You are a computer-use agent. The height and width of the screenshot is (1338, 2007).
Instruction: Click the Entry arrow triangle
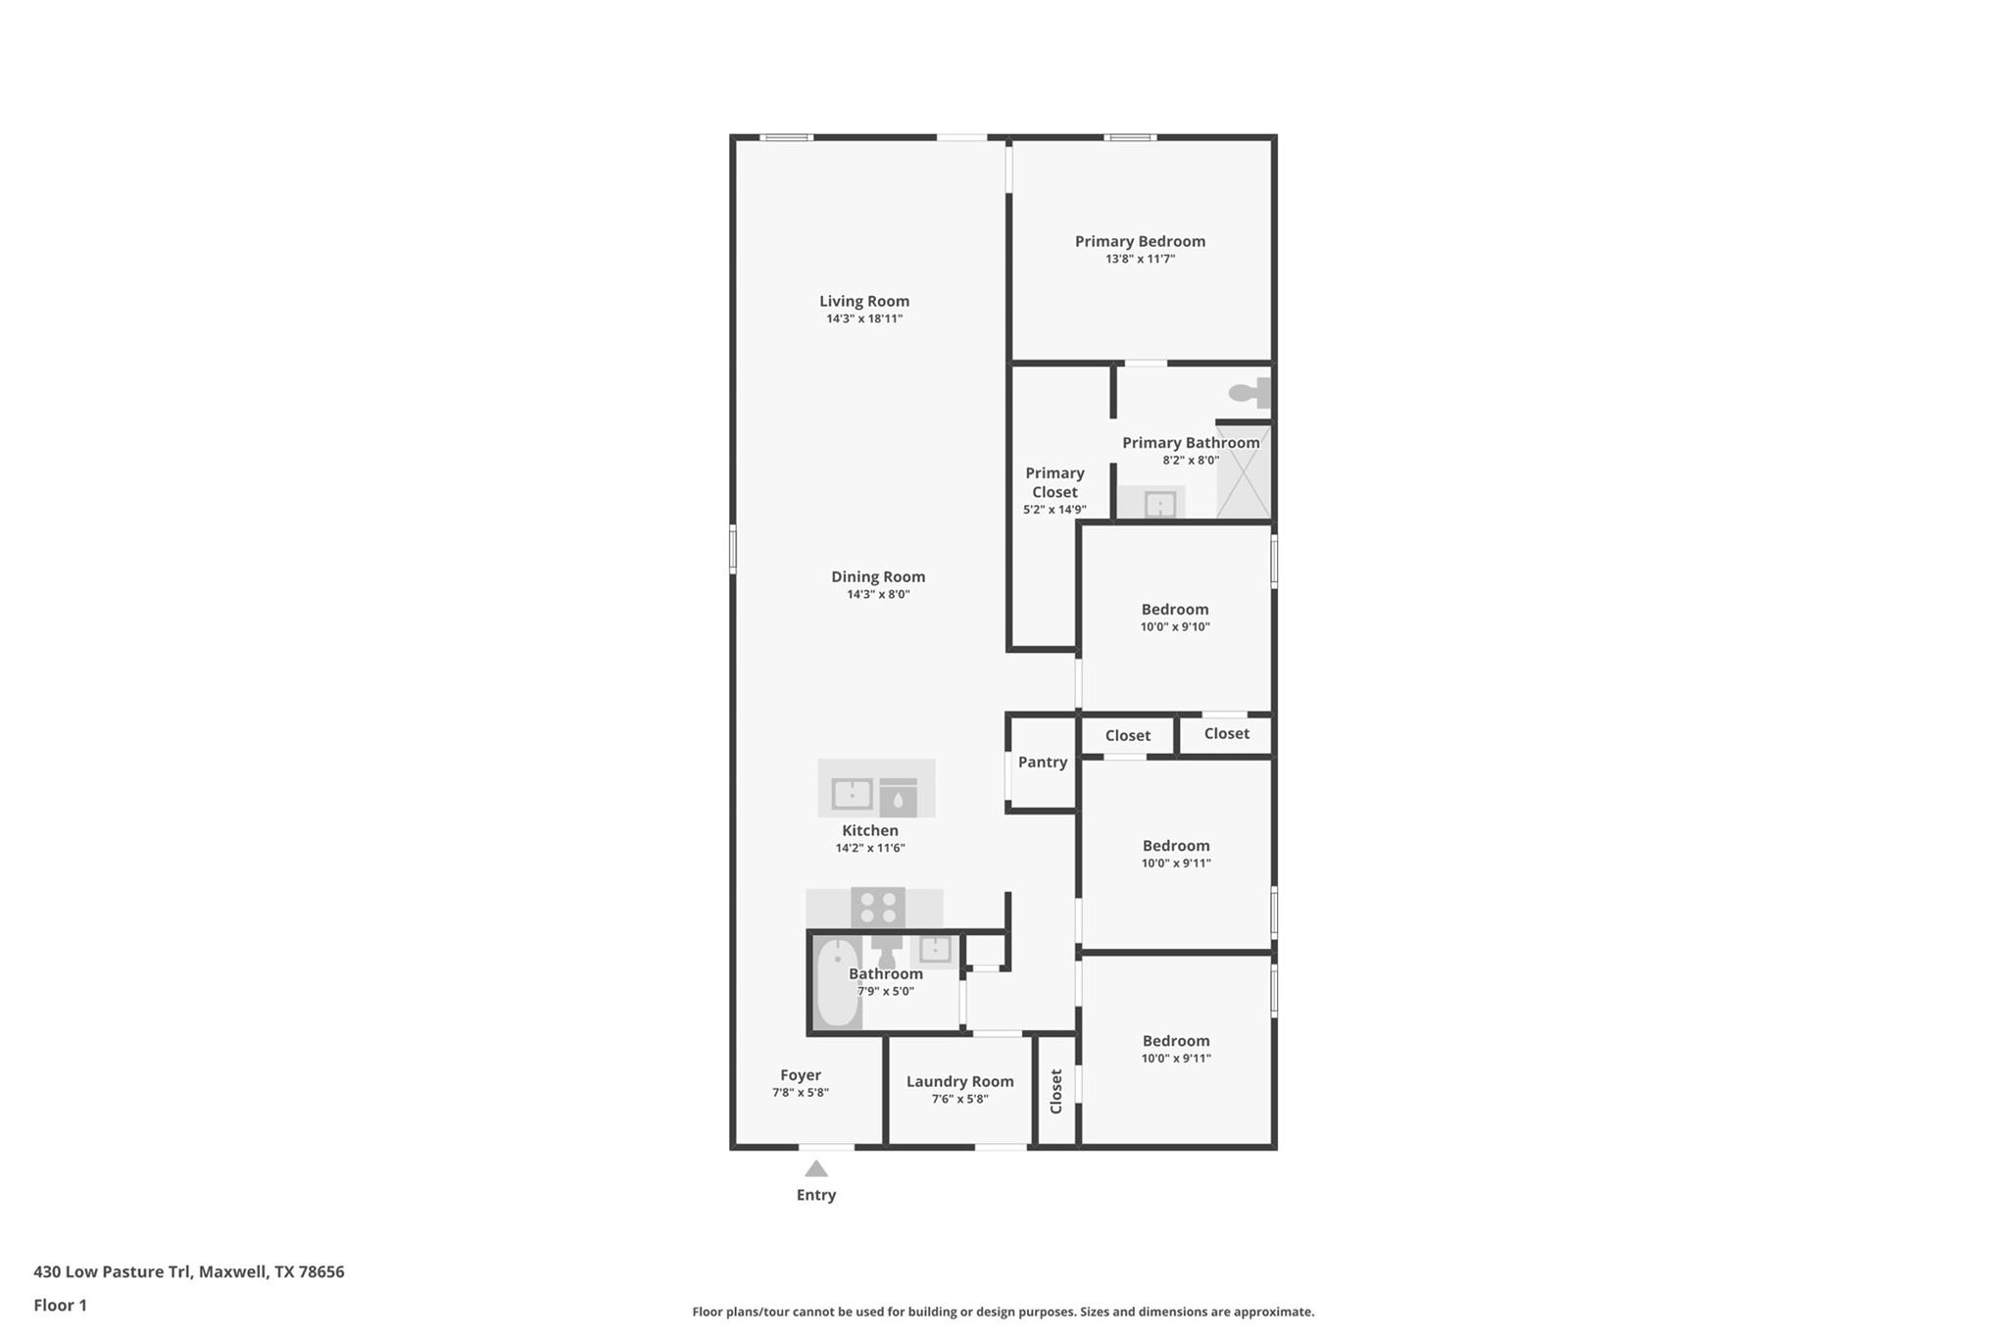coord(816,1168)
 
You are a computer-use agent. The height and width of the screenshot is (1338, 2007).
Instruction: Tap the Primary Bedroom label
coord(1140,241)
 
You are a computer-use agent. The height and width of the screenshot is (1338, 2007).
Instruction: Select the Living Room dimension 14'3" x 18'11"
coord(863,319)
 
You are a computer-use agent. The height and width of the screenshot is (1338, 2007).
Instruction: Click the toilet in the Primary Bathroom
coord(1248,393)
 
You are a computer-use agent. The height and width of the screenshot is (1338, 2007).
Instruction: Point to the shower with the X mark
coord(1243,471)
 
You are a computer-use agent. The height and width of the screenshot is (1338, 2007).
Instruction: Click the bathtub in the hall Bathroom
coord(837,983)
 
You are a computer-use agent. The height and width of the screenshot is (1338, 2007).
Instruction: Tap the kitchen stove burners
coord(878,908)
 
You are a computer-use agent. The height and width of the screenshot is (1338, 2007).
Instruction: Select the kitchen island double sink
coord(852,793)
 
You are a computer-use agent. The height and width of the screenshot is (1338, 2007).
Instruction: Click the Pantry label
coord(1042,762)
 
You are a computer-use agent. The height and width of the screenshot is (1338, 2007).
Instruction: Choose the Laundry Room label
coord(959,1081)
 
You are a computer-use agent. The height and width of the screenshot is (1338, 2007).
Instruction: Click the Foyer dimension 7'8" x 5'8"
coord(800,1092)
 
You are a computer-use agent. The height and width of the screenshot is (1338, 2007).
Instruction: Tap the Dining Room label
coord(878,576)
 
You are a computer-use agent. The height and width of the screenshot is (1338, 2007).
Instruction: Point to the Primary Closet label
coord(1054,482)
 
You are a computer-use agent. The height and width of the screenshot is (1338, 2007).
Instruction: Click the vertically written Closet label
coord(1056,1091)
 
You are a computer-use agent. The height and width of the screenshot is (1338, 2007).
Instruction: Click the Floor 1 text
coord(60,1305)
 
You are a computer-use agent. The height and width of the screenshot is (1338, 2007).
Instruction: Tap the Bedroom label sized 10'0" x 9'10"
coord(1174,609)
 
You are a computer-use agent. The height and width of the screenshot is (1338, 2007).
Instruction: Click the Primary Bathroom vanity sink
coord(1159,505)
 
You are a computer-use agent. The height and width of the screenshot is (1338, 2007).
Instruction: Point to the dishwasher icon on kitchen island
coord(898,798)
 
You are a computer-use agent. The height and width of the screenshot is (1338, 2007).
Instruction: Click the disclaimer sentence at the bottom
coord(1003,1312)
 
